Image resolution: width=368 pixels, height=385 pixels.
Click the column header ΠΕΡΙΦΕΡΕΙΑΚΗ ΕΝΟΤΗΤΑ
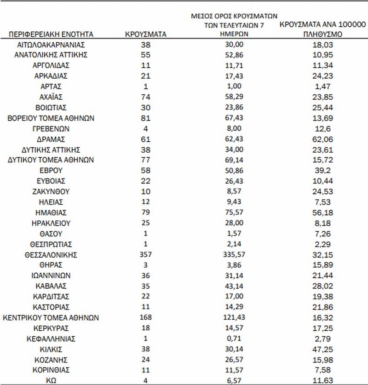click(x=51, y=34)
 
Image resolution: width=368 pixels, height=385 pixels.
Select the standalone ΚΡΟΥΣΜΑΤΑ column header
click(x=146, y=34)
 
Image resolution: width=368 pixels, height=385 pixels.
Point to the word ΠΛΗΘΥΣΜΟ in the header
click(x=322, y=34)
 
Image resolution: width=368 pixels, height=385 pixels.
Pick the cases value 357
click(x=146, y=254)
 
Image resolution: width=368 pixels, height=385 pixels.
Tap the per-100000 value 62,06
click(x=322, y=139)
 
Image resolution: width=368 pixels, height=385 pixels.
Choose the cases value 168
click(x=146, y=317)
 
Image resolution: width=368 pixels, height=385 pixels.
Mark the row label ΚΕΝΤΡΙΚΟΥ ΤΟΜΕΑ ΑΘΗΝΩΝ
click(x=51, y=317)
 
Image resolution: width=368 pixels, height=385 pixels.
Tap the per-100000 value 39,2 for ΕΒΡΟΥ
click(x=322, y=170)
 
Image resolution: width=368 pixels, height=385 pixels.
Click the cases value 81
click(x=146, y=118)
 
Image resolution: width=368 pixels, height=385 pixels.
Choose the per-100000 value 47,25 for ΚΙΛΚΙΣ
click(x=322, y=349)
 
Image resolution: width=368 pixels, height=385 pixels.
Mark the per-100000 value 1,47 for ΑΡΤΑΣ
click(x=322, y=86)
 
